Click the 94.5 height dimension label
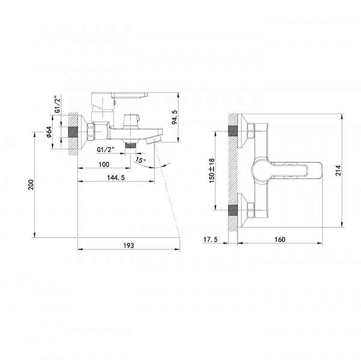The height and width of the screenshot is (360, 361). tap(174, 117)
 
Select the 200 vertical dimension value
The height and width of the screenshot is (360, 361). tap(31, 185)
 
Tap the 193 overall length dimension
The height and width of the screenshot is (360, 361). tap(129, 245)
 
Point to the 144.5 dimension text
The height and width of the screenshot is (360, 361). tap(116, 177)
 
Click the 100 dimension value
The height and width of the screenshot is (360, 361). tap(104, 165)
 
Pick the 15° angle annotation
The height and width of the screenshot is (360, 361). tap(141, 160)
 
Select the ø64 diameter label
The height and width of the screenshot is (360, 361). tap(49, 132)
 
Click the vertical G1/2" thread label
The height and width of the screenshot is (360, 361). tap(58, 104)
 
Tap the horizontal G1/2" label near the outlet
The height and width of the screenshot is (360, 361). tap(106, 150)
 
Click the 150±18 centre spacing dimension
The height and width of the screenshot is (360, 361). tap(212, 171)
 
